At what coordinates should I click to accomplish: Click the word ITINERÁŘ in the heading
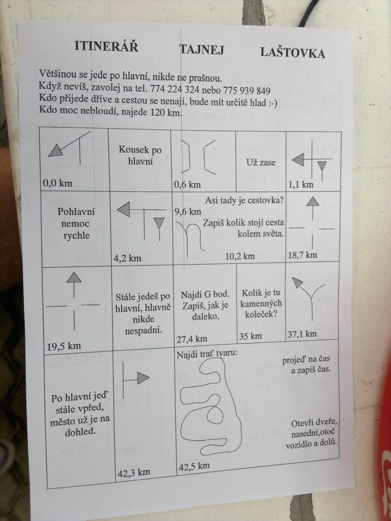point(106,46)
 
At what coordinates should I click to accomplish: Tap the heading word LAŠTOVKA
point(293,52)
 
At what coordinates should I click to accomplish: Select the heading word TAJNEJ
point(202,49)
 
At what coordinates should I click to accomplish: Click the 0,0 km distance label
point(57,183)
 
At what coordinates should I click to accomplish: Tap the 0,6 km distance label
point(187,185)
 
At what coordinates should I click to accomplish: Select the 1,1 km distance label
point(300,185)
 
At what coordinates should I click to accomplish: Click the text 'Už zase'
point(261,162)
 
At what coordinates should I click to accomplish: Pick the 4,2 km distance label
point(127,258)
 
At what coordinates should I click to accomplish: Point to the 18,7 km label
point(302,255)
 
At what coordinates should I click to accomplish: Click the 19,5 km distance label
point(64,346)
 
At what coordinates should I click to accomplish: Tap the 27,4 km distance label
point(192,339)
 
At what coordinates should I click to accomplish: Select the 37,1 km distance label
point(302,334)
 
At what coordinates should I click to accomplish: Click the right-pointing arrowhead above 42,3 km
point(143,378)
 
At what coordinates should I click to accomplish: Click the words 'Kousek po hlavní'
point(140,156)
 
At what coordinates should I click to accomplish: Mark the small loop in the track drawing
point(215,415)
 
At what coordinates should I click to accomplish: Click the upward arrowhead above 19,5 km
point(74,278)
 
